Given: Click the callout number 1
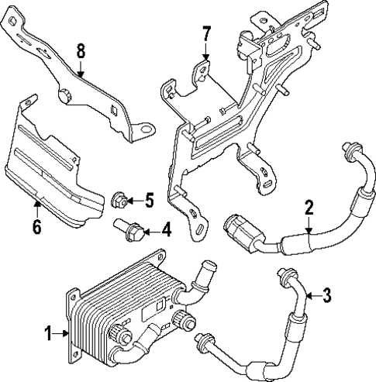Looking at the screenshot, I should pyautogui.click(x=49, y=334).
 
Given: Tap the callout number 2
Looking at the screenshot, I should pyautogui.click(x=309, y=207).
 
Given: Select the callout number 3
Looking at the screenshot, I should pyautogui.click(x=326, y=294).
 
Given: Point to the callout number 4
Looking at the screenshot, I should pyautogui.click(x=166, y=230).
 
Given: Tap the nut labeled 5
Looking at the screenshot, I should pyautogui.click(x=120, y=200).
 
